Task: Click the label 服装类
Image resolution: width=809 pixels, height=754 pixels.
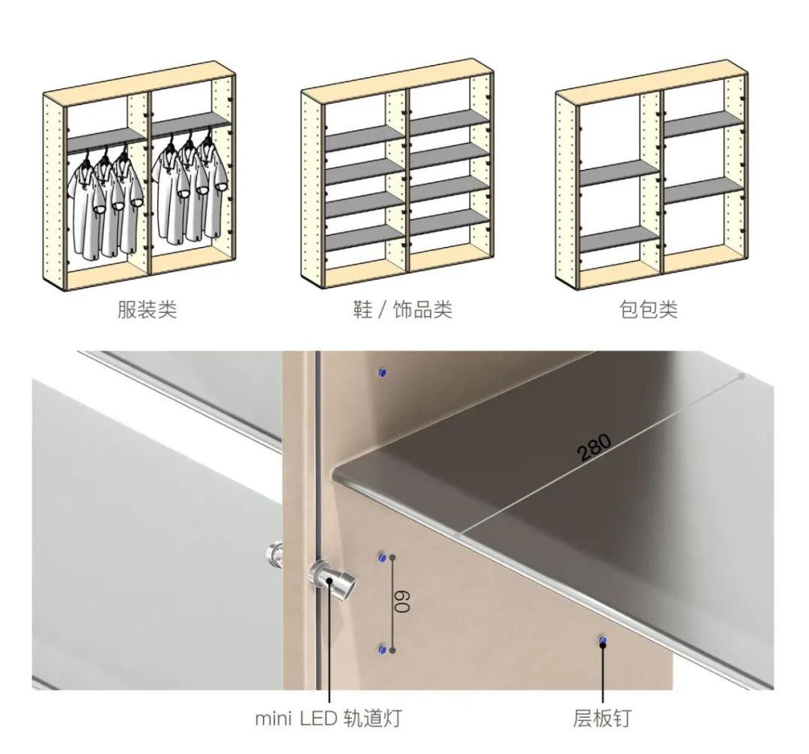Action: tap(147, 309)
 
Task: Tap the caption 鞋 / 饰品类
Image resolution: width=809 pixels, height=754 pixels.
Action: tap(402, 309)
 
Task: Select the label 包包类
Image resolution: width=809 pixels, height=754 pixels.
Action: tap(649, 309)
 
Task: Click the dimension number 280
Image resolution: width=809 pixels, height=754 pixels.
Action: tap(595, 446)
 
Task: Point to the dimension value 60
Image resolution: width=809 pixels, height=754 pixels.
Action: tap(402, 601)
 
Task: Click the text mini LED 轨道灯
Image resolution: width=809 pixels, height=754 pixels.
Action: tap(329, 718)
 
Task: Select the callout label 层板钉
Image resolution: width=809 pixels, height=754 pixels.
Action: tap(602, 718)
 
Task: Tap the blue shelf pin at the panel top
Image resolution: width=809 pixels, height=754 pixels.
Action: tap(382, 372)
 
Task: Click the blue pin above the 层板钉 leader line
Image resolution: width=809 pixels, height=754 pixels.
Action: tap(602, 641)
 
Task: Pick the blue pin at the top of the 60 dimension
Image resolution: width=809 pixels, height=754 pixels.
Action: tap(382, 558)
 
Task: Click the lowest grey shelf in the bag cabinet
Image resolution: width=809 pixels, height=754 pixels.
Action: tap(619, 240)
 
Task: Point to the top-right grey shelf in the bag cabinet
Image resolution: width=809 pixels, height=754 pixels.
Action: tap(703, 124)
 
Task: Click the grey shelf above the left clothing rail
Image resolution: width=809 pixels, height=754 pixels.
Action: tap(107, 140)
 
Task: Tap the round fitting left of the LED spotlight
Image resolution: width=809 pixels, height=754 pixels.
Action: tap(274, 554)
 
